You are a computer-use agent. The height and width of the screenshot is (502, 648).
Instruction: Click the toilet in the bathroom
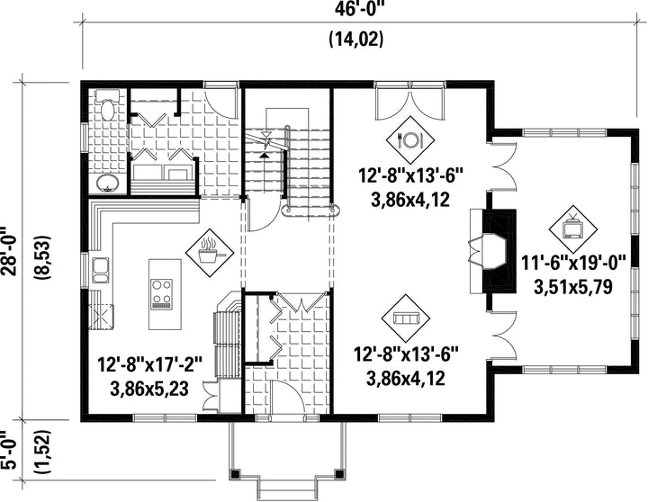[107, 104]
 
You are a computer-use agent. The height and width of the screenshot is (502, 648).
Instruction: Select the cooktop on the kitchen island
[162, 294]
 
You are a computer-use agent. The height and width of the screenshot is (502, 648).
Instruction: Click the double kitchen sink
[101, 270]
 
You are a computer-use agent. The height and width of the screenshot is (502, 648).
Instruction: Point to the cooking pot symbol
[210, 253]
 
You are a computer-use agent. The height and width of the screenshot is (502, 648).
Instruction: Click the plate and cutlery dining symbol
[410, 140]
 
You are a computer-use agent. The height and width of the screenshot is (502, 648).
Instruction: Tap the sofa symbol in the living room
[406, 318]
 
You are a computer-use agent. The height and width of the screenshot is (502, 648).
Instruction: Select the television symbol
[573, 229]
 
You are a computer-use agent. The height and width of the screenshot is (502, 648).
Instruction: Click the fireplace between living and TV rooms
[492, 252]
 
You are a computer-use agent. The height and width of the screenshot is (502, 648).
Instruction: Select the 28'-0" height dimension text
[9, 250]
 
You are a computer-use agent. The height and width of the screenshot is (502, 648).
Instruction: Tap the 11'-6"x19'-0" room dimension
[573, 264]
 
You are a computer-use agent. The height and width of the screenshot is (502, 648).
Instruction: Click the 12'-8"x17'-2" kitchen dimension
[149, 365]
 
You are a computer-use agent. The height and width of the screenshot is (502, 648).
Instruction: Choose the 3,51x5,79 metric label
[573, 288]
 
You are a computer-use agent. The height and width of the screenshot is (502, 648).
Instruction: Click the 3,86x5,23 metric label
[149, 389]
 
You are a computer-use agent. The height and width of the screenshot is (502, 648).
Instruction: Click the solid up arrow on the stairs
[263, 156]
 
